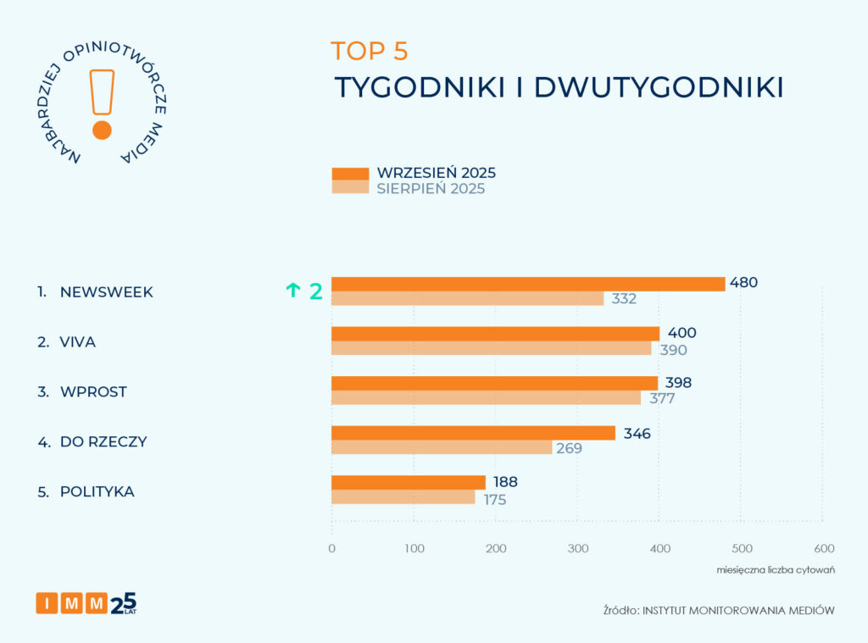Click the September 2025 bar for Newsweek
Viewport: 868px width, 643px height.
[x=528, y=284]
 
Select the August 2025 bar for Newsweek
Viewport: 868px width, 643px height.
[x=467, y=298]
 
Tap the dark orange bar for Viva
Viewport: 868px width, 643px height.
[x=495, y=333]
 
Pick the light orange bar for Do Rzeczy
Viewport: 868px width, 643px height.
[x=441, y=447]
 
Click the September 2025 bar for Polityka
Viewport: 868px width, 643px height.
[x=408, y=482]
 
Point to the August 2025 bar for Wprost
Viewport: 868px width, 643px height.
[x=486, y=398]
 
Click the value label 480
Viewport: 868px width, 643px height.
[x=743, y=283]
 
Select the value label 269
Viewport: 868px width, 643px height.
[x=569, y=448]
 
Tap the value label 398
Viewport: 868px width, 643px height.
[x=678, y=382]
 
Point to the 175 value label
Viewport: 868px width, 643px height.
[x=494, y=500]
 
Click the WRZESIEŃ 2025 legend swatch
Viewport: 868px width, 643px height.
[x=350, y=174]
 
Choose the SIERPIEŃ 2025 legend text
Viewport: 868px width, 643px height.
[x=431, y=189]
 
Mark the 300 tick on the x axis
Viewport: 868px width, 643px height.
[x=577, y=548]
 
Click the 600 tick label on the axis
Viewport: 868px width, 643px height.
[x=823, y=548]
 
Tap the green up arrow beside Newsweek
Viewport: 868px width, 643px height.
[x=293, y=291]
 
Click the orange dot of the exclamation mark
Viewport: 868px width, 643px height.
[x=102, y=130]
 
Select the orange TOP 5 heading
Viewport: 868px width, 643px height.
[x=369, y=51]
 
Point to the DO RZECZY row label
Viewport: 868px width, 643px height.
[x=103, y=441]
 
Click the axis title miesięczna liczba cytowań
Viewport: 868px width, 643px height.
[x=776, y=569]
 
